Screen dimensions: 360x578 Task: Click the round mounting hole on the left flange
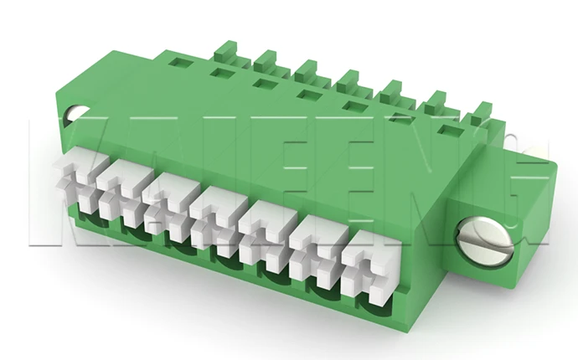click(x=75, y=114)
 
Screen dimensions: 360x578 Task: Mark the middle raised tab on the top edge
click(x=349, y=81)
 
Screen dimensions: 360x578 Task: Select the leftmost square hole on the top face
click(x=179, y=61)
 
